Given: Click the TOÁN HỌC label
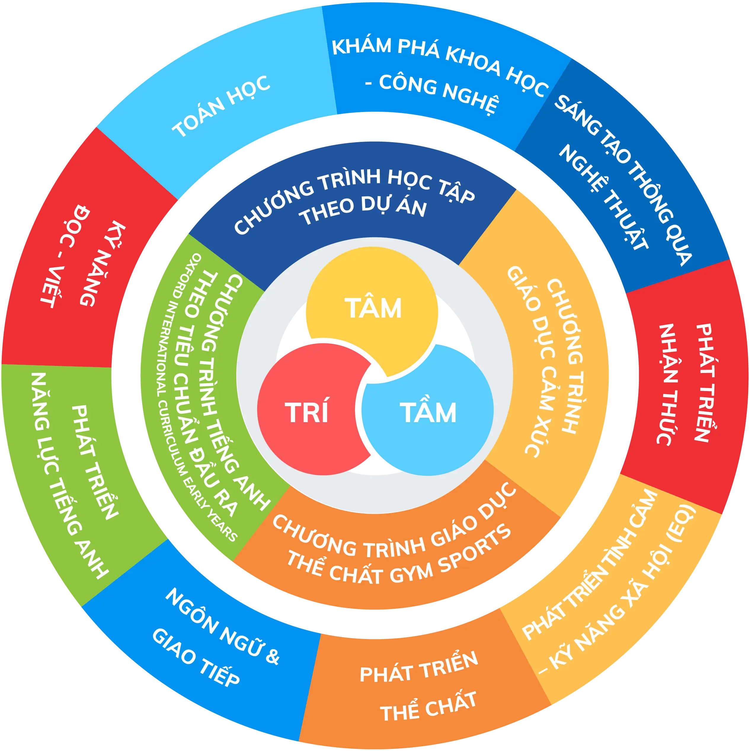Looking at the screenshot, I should (221, 106).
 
